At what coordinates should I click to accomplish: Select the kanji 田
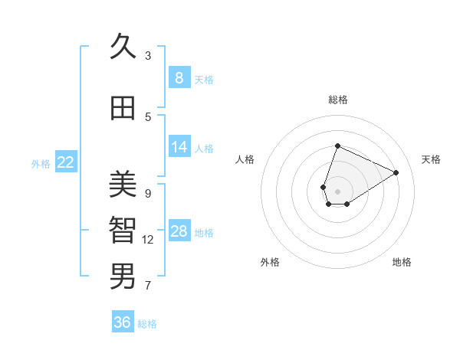pyautogui.click(x=123, y=108)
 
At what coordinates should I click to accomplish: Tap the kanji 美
pyautogui.click(x=123, y=185)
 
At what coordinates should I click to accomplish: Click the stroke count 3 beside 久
pyautogui.click(x=148, y=55)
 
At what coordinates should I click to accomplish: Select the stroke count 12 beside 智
pyautogui.click(x=148, y=240)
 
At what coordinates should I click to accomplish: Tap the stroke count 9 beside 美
pyautogui.click(x=148, y=193)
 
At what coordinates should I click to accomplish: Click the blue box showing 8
pyautogui.click(x=179, y=77)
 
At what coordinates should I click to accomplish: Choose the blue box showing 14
pyautogui.click(x=179, y=147)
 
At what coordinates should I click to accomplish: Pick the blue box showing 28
pyautogui.click(x=179, y=231)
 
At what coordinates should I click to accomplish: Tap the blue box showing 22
pyautogui.click(x=66, y=162)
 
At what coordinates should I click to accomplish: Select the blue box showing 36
pyautogui.click(x=123, y=322)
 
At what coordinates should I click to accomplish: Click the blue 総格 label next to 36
pyautogui.click(x=148, y=324)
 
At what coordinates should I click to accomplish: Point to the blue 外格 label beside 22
pyautogui.click(x=41, y=163)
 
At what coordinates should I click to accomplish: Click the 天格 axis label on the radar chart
pyautogui.click(x=432, y=159)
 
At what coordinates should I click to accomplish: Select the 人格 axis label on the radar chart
pyautogui.click(x=245, y=159)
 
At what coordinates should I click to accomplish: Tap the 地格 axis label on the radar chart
pyautogui.click(x=402, y=262)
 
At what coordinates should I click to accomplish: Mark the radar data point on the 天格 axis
pyautogui.click(x=396, y=172)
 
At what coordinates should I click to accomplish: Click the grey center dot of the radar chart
pyautogui.click(x=337, y=191)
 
